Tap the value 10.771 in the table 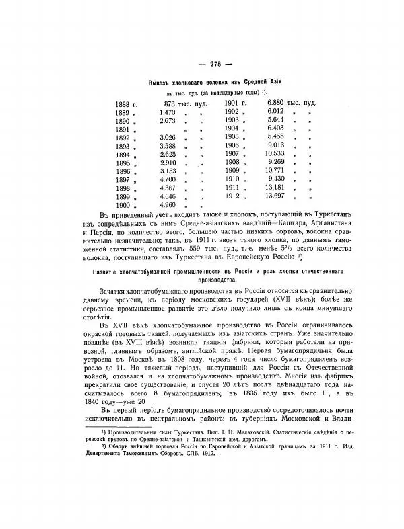tap(277, 171)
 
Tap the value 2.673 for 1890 tap(168, 120)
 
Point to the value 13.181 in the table tap(277, 188)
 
